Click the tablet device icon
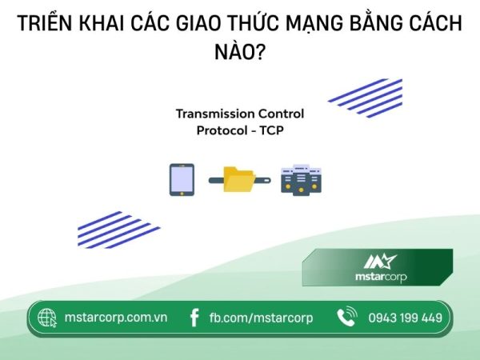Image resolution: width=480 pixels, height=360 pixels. tap(181, 180)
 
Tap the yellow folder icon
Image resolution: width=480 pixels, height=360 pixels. tap(239, 180)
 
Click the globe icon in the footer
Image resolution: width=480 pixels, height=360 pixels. tap(47, 318)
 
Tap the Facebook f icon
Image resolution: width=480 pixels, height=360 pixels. tap(194, 318)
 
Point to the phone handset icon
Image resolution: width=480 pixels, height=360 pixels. tap(346, 318)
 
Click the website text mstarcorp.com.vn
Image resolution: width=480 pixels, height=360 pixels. tap(115, 318)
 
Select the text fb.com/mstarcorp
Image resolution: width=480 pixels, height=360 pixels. tap(261, 318)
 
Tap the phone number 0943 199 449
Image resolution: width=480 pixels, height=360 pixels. tap(405, 318)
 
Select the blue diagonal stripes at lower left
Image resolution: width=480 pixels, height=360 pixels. tap(117, 230)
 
